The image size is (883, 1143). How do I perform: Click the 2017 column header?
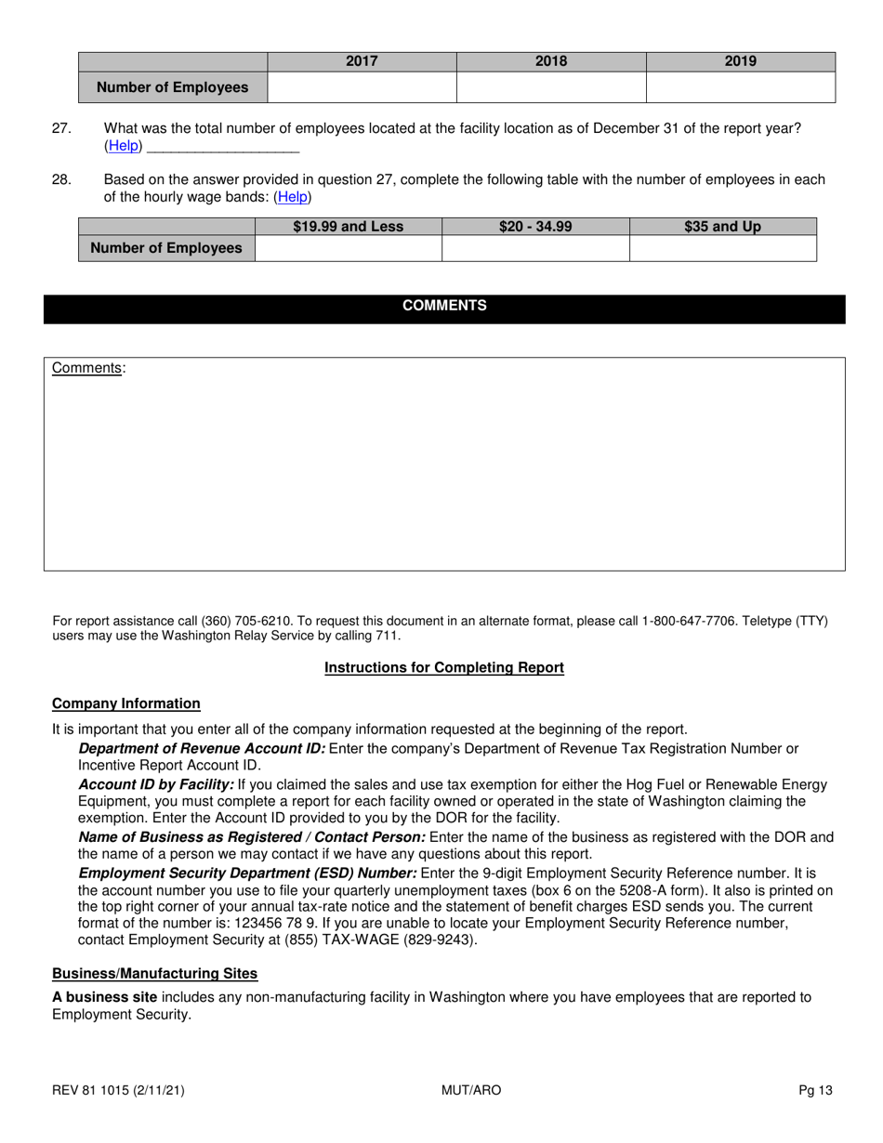362,61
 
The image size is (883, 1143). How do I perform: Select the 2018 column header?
551,61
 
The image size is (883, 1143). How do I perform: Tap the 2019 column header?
740,61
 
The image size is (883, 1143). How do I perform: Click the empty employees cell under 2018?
551,87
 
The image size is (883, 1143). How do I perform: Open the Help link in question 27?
124,146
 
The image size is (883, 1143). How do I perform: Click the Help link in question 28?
293,197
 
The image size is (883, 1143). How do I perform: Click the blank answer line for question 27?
223,147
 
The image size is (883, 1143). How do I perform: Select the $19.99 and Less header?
349,227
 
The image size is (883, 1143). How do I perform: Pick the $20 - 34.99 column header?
535,227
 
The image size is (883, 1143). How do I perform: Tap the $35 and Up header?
722,227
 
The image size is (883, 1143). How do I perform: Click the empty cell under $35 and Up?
722,249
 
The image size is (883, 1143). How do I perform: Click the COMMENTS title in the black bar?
444,306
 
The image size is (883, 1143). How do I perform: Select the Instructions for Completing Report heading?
443,667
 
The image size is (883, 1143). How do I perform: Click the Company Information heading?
125,703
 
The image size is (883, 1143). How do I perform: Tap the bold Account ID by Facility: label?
156,785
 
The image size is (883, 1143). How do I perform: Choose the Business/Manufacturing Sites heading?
154,973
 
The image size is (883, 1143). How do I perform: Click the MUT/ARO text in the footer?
471,1090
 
